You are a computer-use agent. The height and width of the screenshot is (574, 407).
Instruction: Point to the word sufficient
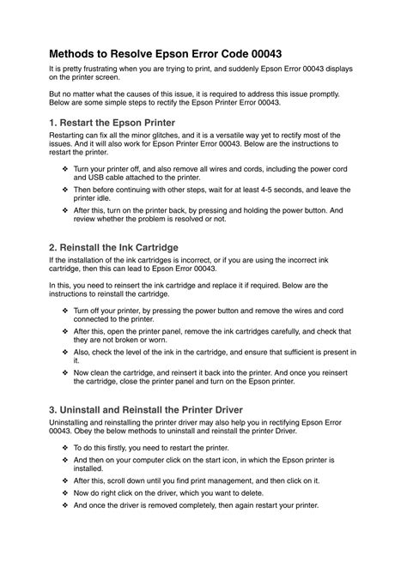[289, 352]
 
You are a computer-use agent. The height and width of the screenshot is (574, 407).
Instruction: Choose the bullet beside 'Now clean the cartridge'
[66, 373]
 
